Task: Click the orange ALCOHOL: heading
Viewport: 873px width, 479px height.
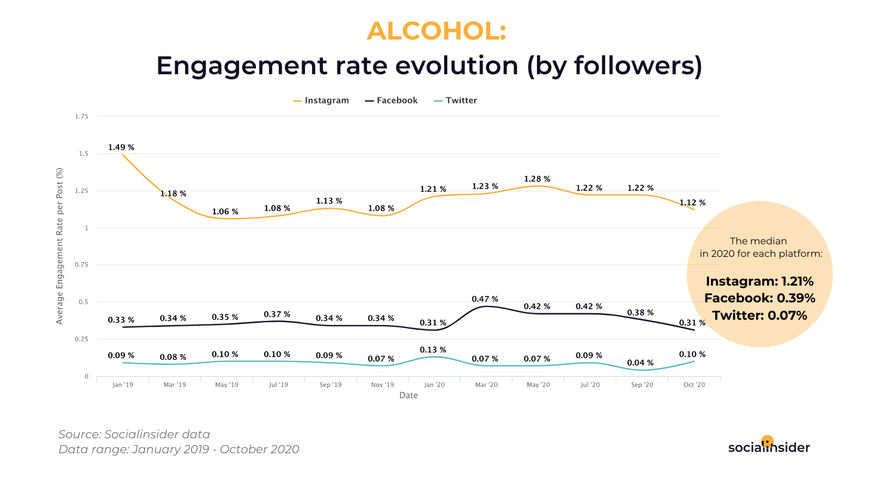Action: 436,31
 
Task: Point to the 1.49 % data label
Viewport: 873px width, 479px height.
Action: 121,147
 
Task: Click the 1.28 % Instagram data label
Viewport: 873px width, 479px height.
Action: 537,179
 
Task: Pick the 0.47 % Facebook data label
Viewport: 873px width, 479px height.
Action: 484,299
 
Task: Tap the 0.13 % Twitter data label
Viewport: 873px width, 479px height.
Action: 433,350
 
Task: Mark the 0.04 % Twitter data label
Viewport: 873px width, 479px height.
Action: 640,363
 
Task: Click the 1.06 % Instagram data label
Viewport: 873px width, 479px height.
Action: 225,212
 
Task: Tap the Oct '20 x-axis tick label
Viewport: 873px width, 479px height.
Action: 694,385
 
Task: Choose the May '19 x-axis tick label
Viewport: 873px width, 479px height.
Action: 226,385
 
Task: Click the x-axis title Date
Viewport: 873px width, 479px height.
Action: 408,396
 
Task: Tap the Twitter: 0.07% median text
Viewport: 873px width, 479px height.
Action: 759,315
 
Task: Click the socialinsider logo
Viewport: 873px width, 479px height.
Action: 769,446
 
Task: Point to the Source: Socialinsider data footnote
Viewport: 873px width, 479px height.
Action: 134,435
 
